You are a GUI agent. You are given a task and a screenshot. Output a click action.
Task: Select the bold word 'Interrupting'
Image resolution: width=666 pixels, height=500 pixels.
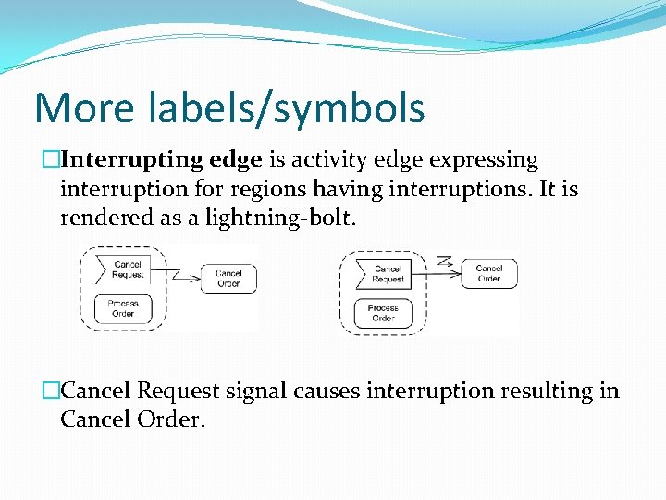click(137, 160)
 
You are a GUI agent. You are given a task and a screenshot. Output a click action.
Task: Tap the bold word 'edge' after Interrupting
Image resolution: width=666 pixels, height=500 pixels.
click(236, 160)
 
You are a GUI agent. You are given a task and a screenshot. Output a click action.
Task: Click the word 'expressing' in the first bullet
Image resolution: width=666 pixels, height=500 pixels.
click(482, 160)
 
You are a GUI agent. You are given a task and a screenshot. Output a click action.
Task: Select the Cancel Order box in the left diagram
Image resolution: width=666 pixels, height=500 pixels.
click(228, 279)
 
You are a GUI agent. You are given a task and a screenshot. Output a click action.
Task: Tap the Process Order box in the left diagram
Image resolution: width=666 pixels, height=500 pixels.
click(123, 308)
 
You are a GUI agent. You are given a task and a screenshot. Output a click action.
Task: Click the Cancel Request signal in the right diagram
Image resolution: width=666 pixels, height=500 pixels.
click(387, 273)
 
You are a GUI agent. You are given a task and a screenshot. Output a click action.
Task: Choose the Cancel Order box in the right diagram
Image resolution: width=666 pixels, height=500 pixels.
click(489, 273)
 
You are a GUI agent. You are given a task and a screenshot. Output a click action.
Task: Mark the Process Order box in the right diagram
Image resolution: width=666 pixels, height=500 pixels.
click(383, 312)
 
